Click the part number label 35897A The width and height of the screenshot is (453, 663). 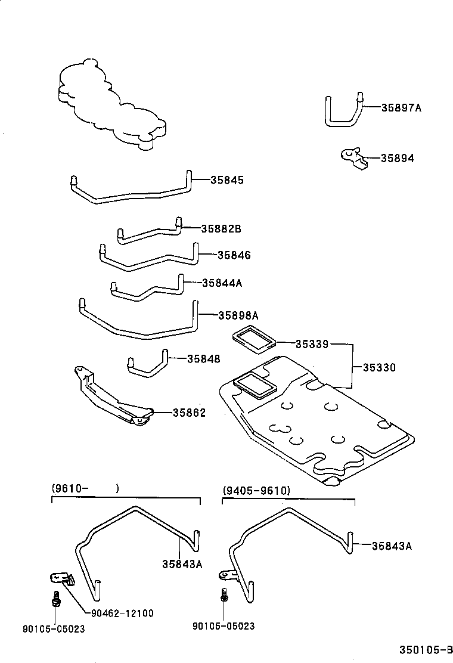[401, 108]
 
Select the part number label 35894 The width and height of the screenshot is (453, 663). [397, 159]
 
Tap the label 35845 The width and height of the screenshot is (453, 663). [227, 179]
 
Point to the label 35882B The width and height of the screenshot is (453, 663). [221, 228]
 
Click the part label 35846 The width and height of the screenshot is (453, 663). [234, 255]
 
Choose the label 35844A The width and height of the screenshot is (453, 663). [222, 283]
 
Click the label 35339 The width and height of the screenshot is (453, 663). [312, 344]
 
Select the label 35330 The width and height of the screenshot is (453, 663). [380, 368]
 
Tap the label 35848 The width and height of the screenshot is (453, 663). [203, 359]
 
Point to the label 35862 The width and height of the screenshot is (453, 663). [189, 412]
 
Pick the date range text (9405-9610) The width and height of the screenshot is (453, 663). [256, 490]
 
